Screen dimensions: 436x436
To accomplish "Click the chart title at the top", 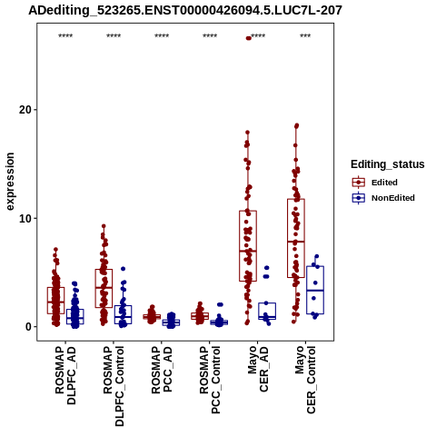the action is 185,11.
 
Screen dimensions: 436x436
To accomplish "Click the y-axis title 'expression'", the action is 10,182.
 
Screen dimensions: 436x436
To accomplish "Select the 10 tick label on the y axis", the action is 25,218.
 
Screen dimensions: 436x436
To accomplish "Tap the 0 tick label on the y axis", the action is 29,327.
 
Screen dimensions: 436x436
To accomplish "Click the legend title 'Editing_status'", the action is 388,164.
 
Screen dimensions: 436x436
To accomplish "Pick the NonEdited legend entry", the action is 383,198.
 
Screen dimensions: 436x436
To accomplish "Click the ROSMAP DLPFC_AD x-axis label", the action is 65,375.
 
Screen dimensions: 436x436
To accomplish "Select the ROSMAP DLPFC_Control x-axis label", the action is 114,386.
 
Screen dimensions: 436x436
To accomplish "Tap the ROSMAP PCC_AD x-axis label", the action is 162,370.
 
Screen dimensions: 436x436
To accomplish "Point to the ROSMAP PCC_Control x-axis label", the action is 210,381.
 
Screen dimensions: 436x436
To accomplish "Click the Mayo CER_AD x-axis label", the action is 258,369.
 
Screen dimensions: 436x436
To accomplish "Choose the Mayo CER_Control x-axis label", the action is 305,380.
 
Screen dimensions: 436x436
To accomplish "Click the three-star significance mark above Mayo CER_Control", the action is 305,36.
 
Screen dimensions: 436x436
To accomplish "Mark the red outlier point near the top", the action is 249,38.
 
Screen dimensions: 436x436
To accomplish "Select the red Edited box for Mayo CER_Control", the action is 296,238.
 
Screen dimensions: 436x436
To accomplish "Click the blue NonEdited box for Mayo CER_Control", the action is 315,290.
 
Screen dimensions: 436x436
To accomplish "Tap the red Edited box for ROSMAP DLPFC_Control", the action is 104,289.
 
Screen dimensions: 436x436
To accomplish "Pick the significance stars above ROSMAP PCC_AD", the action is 162,36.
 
